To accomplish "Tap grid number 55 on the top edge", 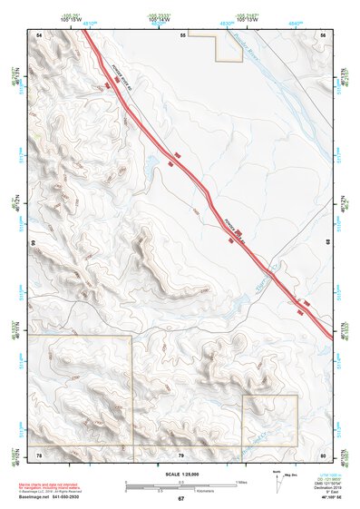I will point(182,34).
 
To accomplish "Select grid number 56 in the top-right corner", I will point(323,34).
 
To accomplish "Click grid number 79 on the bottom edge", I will point(181,453).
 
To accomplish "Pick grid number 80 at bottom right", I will point(323,453).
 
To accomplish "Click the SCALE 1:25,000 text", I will point(180,474).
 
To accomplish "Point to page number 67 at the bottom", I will point(180,499).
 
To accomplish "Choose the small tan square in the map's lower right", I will point(269,419).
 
